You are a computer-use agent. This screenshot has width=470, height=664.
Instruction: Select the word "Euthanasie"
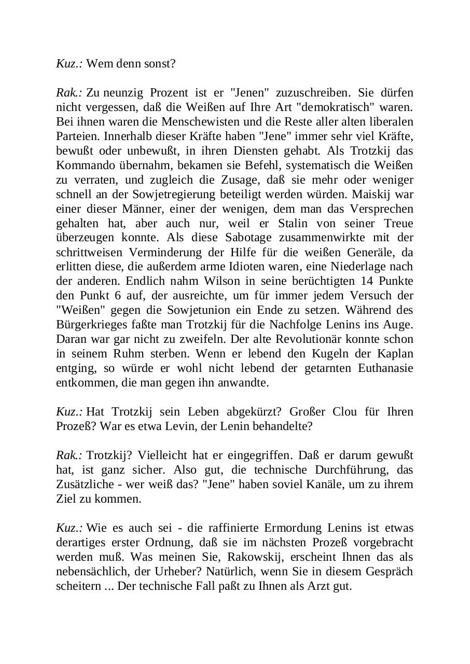click(385, 369)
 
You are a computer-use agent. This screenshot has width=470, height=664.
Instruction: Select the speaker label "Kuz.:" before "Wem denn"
click(70, 64)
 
